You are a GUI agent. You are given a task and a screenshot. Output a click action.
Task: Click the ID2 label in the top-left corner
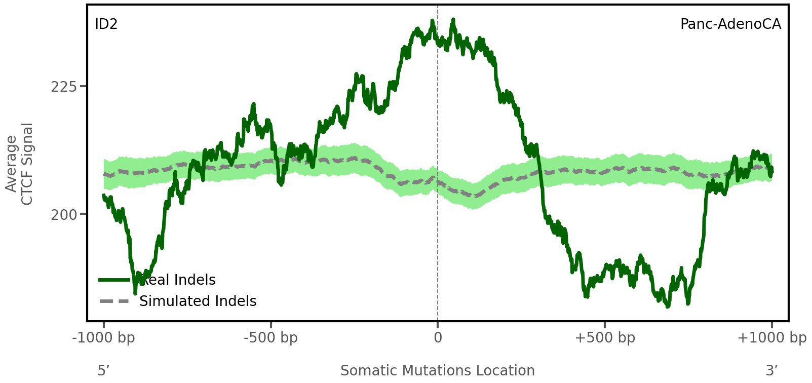(x=106, y=24)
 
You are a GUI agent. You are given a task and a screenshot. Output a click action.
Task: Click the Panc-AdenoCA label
(x=730, y=24)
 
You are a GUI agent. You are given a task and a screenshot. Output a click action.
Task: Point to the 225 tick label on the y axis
(x=64, y=87)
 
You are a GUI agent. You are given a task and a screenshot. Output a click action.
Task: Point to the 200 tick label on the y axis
(x=64, y=215)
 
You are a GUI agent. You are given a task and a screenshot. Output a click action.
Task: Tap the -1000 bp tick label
(x=104, y=338)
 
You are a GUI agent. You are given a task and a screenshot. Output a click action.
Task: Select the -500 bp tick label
(x=270, y=338)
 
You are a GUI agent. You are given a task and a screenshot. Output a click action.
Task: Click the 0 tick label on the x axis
(x=438, y=338)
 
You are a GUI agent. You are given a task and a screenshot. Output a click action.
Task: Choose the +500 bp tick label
(x=605, y=338)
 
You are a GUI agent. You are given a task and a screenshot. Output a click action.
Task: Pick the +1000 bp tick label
(x=771, y=338)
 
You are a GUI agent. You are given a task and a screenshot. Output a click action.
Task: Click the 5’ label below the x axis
(x=104, y=371)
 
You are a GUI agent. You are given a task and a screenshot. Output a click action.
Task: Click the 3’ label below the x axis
(x=771, y=371)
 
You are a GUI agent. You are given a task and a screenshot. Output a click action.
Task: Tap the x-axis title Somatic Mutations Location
(x=438, y=371)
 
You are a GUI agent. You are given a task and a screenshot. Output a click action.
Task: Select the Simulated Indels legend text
(x=198, y=301)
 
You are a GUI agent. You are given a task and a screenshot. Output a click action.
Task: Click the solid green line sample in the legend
(x=115, y=280)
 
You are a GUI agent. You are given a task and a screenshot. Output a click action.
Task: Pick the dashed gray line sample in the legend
(x=115, y=301)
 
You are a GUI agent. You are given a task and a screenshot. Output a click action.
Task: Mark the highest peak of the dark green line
(x=453, y=20)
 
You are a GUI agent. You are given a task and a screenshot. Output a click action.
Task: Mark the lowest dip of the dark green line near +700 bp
(x=668, y=306)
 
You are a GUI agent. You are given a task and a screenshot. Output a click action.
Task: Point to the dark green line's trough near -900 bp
(x=135, y=292)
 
